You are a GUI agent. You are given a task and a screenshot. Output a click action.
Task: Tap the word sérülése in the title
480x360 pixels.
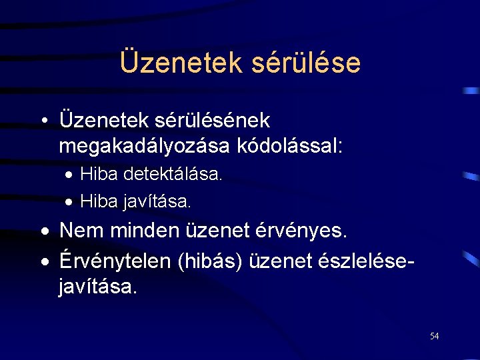(307, 63)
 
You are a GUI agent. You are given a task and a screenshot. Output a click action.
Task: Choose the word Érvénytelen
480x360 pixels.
(115, 261)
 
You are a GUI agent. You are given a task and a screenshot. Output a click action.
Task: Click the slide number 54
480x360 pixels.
(434, 336)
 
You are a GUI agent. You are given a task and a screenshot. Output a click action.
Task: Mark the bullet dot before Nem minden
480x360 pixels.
(43, 231)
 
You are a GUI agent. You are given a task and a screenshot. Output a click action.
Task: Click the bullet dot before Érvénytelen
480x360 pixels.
(43, 262)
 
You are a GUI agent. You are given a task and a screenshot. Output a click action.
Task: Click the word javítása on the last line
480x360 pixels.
(98, 287)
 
